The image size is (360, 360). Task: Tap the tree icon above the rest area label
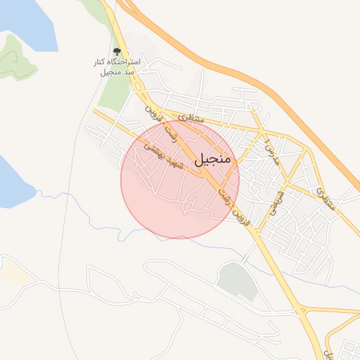point(117,51)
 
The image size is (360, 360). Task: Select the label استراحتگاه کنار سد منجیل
point(117,67)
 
